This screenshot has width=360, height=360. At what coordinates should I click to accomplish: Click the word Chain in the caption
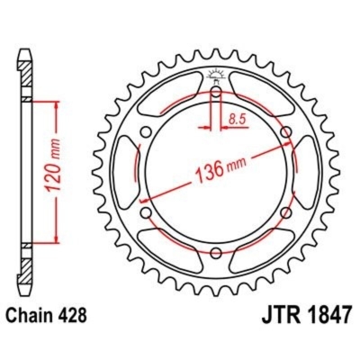coord(31,318)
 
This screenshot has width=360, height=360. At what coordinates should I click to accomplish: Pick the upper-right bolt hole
coord(286,134)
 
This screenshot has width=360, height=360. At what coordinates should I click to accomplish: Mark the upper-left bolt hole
coord(146,134)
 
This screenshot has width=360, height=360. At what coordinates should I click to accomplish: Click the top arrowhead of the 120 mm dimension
coord(58,103)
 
